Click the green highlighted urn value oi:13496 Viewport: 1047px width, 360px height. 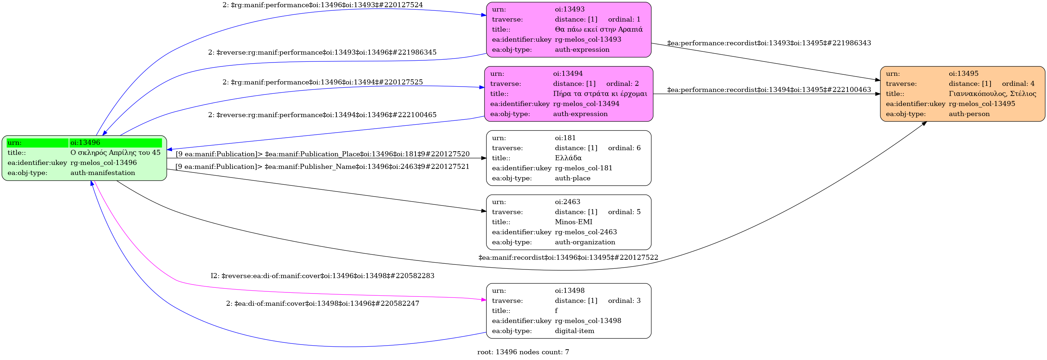[85, 143]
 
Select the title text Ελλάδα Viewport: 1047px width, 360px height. [568, 158]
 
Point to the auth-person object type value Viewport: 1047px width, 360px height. [969, 114]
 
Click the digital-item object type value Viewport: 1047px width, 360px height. [574, 331]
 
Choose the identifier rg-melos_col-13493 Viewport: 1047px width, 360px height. [588, 40]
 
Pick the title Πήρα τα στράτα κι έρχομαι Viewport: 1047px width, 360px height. [600, 94]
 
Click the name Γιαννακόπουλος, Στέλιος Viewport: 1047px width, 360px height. [992, 94]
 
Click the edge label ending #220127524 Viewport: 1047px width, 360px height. [322, 5]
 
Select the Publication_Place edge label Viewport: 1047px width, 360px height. [322, 154]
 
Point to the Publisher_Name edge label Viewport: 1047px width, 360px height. [322, 167]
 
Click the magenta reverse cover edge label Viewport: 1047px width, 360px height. [322, 276]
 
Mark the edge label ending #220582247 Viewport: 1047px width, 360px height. [322, 304]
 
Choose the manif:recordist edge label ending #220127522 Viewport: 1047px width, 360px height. [568, 258]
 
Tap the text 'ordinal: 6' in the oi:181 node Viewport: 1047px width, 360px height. [624, 148]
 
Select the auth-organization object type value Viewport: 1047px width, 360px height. [584, 242]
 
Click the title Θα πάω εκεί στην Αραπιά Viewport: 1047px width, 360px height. [598, 29]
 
